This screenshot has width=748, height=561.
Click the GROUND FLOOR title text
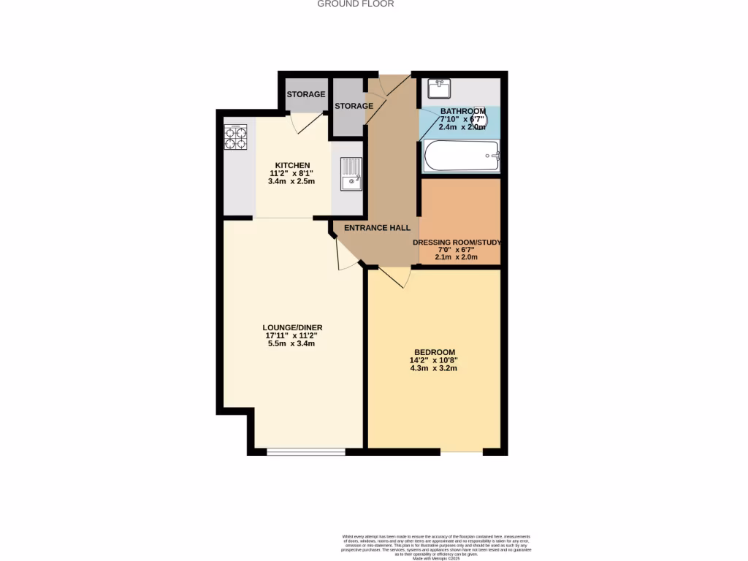[356, 4]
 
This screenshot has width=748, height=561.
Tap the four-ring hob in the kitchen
[235, 137]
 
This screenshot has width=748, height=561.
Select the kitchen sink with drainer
[351, 174]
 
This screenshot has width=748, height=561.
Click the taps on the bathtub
[495, 155]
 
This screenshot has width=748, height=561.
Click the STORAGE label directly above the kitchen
[305, 95]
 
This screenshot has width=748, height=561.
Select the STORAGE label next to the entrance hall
[354, 107]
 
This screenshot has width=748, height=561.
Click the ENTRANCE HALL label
[377, 228]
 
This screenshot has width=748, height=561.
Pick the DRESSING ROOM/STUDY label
[457, 243]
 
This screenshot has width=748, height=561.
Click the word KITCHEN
[292, 165]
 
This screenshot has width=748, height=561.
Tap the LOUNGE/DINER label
[292, 327]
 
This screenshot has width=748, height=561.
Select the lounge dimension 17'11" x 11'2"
[292, 335]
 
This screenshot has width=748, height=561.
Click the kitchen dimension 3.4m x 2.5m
[292, 181]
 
